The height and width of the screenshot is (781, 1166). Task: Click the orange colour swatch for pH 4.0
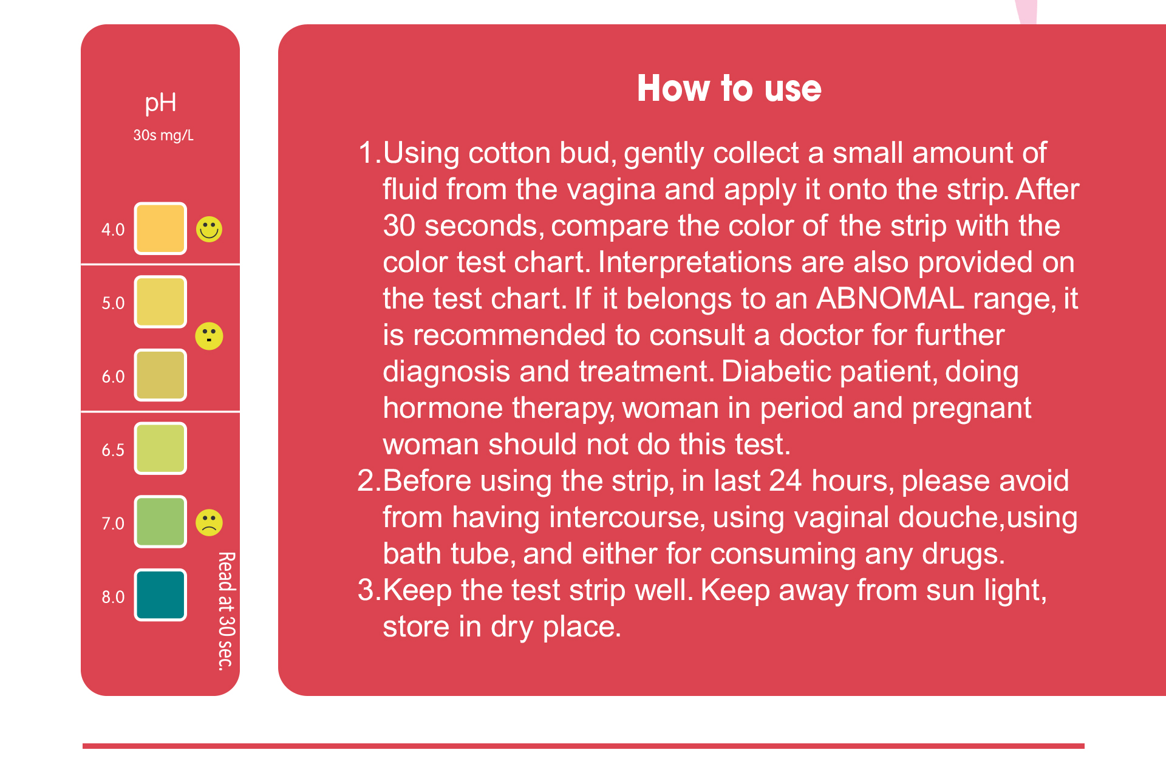(x=160, y=228)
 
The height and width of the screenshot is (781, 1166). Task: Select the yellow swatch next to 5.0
(x=160, y=302)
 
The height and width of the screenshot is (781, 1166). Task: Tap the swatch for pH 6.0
(x=160, y=375)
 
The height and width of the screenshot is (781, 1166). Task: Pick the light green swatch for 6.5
(x=160, y=449)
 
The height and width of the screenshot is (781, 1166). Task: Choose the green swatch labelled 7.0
(x=160, y=522)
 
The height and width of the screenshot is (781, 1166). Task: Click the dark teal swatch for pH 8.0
(x=160, y=595)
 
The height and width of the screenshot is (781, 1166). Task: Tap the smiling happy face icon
(x=210, y=229)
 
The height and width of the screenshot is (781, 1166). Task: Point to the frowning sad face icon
(x=210, y=522)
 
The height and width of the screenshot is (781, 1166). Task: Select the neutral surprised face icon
(x=210, y=336)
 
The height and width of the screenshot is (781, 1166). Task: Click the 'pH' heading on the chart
(x=161, y=103)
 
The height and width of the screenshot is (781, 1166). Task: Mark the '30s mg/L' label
(x=163, y=135)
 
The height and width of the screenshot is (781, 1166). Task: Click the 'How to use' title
(x=729, y=89)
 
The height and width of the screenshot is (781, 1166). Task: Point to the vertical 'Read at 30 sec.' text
(x=226, y=611)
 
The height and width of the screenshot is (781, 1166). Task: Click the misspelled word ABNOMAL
(x=890, y=299)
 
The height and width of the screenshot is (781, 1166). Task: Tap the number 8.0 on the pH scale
(x=113, y=597)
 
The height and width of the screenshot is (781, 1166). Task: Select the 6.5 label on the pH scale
(x=113, y=450)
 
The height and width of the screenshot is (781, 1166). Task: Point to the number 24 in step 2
(x=785, y=481)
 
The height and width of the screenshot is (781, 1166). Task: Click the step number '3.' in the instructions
(x=369, y=590)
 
